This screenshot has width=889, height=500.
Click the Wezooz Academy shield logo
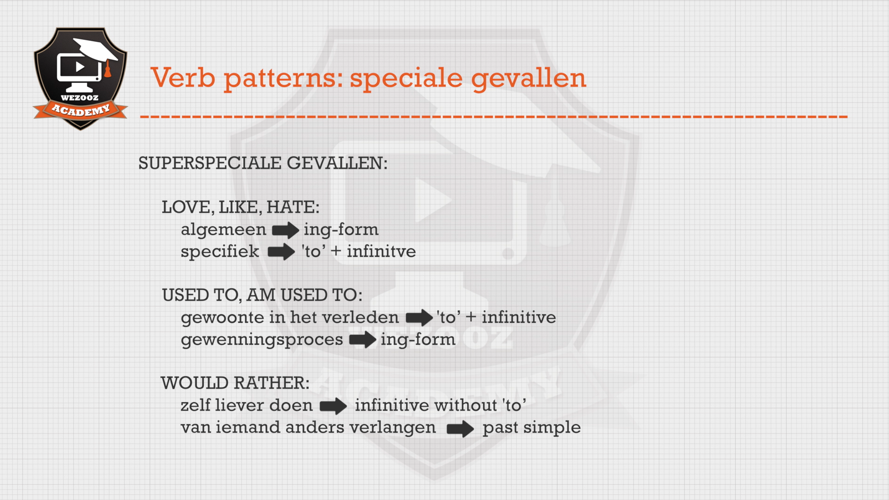point(80,79)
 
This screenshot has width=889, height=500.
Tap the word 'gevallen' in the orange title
point(528,79)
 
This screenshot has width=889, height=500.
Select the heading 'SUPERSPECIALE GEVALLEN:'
point(263,163)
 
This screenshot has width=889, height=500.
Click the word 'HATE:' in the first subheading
point(293,207)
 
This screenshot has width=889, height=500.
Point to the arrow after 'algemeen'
point(285,230)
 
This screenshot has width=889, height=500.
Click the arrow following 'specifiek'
point(281,252)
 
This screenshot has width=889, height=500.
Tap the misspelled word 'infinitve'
point(381,251)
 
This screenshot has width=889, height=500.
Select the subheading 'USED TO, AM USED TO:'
point(262,295)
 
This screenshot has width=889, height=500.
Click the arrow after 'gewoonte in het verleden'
point(419,318)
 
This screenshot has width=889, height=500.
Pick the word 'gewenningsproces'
point(262,340)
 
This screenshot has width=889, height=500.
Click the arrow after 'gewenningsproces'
point(362,340)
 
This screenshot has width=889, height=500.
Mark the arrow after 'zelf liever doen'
point(333,406)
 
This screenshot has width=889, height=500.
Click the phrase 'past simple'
point(532,428)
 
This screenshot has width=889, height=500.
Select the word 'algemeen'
point(224,230)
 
